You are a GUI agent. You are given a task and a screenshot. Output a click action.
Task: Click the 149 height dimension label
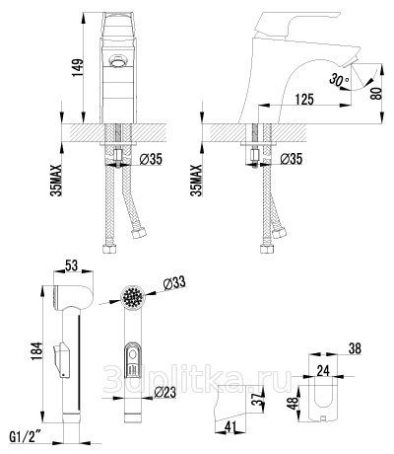(x=78, y=68)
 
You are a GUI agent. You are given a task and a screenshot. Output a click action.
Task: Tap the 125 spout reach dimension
(x=304, y=99)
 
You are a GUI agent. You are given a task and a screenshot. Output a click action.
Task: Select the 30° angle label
(x=339, y=80)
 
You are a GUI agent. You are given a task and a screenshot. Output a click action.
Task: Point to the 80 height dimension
(x=377, y=93)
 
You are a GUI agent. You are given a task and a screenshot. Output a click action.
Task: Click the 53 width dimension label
(x=71, y=265)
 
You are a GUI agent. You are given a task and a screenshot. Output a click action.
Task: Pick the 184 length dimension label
(x=36, y=350)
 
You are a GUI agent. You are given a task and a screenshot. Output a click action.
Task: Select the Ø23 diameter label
(x=164, y=392)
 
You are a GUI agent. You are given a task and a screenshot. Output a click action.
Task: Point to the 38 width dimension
(x=354, y=348)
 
